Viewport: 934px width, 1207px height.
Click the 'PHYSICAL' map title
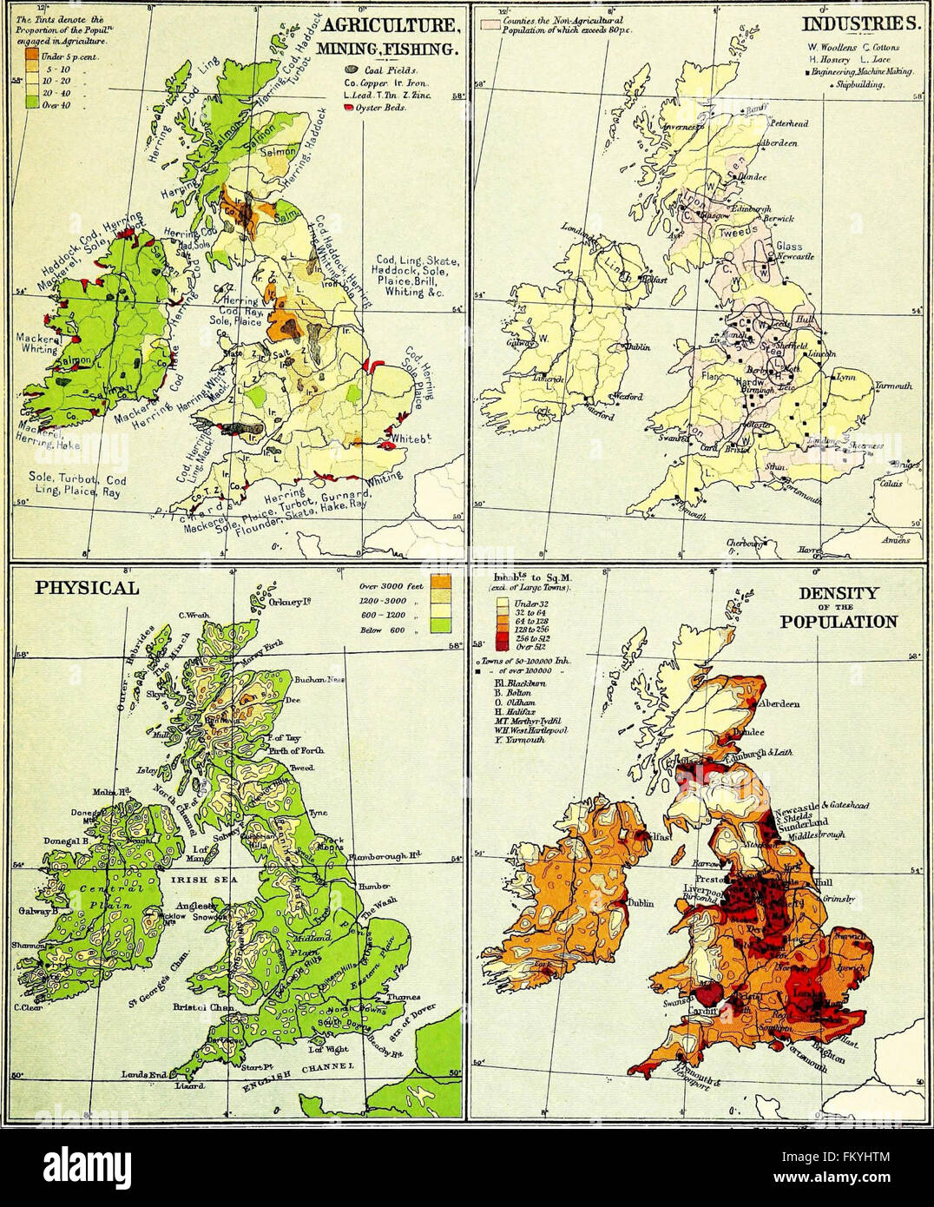point(87,588)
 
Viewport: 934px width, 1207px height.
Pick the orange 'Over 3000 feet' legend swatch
point(439,584)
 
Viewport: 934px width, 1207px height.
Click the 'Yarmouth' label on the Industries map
point(891,386)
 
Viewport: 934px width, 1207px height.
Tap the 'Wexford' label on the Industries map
point(628,397)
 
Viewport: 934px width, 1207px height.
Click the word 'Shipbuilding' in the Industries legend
point(860,84)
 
